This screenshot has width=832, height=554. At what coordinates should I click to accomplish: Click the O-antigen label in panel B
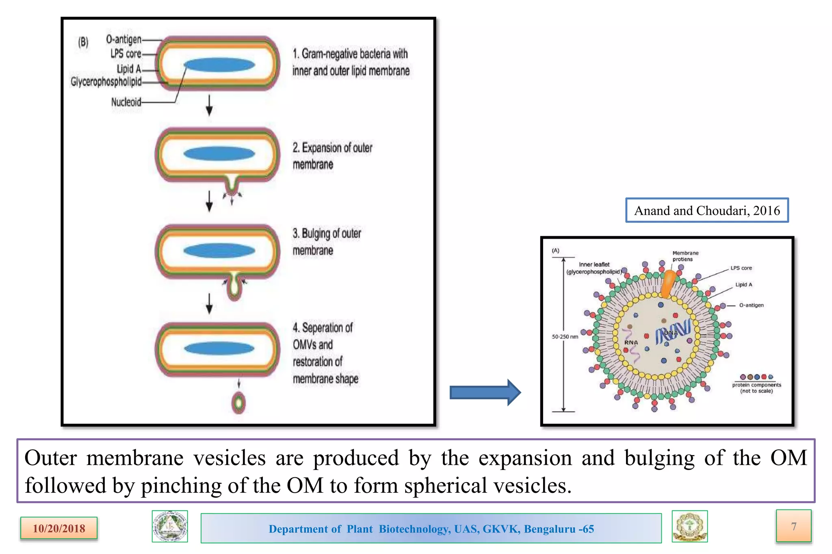pyautogui.click(x=123, y=39)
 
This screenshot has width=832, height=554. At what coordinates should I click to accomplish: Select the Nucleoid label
pyautogui.click(x=126, y=102)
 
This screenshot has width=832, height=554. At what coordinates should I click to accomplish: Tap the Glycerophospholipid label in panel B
pyautogui.click(x=106, y=82)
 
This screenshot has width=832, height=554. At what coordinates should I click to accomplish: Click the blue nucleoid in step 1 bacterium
pyautogui.click(x=219, y=65)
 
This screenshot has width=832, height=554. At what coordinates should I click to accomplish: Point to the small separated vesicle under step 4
pyautogui.click(x=238, y=403)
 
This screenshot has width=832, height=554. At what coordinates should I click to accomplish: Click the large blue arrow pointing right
pyautogui.click(x=485, y=392)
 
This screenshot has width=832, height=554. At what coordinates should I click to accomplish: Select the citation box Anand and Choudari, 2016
pyautogui.click(x=707, y=210)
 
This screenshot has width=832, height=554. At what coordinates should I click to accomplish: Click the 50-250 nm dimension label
pyautogui.click(x=565, y=336)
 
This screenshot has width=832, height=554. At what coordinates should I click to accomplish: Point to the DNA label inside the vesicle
pyautogui.click(x=671, y=333)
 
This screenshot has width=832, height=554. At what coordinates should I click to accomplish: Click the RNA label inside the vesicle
pyautogui.click(x=631, y=343)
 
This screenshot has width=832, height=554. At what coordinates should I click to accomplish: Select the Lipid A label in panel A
pyautogui.click(x=743, y=285)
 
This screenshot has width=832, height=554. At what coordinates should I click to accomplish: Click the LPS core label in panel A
pyautogui.click(x=741, y=268)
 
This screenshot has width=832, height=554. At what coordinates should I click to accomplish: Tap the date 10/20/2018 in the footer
pyautogui.click(x=59, y=528)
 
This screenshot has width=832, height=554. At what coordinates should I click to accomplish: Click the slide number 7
pyautogui.click(x=793, y=526)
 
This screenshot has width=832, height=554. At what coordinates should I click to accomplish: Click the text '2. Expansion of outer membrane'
pyautogui.click(x=332, y=156)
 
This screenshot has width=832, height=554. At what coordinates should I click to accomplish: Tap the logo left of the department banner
pyautogui.click(x=170, y=526)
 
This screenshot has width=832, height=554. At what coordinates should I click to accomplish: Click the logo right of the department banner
pyautogui.click(x=689, y=526)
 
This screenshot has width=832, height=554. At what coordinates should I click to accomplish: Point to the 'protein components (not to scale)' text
pyautogui.click(x=756, y=388)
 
